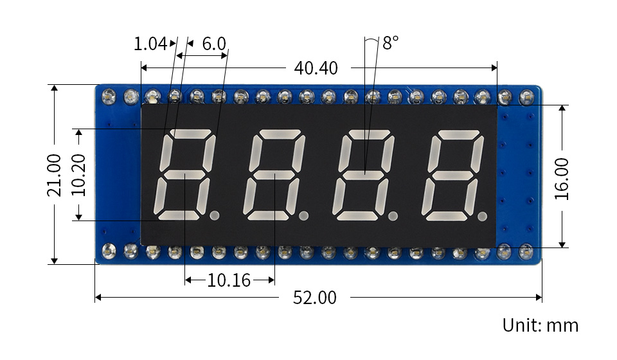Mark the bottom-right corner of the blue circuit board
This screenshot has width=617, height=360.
coord(541,263)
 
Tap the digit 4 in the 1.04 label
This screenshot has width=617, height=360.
coord(162,44)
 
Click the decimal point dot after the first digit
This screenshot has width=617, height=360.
coord(215,215)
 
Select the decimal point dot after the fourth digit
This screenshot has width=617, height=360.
coord(482,216)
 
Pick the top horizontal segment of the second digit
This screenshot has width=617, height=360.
coord(280,134)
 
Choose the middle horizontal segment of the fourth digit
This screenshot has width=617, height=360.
coord(452,175)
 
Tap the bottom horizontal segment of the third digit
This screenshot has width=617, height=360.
coord(357,215)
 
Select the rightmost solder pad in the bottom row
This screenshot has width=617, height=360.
coord(526,251)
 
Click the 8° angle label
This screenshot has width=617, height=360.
coord(390,42)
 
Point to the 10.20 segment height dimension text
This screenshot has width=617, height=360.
coord(78,175)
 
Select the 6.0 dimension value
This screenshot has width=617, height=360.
coord(214,44)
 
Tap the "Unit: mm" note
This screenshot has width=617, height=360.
coord(541,325)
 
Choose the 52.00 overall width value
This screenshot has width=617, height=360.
coord(315,298)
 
